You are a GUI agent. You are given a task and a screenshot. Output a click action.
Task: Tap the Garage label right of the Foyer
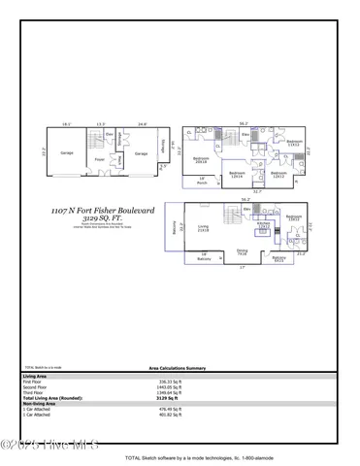pyautogui.click(x=141, y=153)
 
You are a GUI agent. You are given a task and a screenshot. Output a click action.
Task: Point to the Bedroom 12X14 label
pyautogui.click(x=236, y=175)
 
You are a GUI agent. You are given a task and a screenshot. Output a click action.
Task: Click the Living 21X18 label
pyautogui.click(x=204, y=228)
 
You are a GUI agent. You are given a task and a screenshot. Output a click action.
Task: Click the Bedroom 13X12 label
pyautogui.click(x=294, y=218)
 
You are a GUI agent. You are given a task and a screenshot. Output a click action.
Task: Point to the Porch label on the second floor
pyautogui.click(x=202, y=180)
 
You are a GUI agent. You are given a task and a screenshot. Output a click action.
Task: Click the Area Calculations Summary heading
pyautogui.click(x=180, y=369)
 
